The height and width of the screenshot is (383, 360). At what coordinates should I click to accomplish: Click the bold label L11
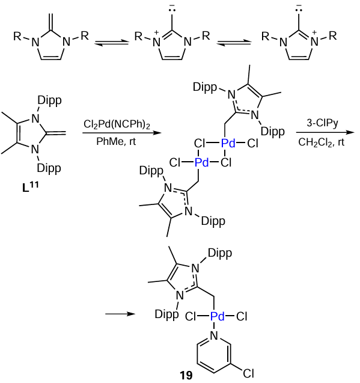click(30, 186)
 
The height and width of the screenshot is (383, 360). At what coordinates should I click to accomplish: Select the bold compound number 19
click(186, 375)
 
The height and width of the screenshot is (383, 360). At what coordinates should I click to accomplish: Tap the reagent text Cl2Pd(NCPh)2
click(117, 124)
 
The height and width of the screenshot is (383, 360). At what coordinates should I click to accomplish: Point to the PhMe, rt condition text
click(116, 141)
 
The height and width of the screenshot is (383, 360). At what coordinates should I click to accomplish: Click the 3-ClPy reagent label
click(322, 123)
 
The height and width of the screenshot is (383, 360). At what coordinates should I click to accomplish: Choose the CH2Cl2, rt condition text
click(321, 142)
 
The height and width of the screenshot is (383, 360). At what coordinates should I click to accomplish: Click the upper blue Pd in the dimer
click(228, 143)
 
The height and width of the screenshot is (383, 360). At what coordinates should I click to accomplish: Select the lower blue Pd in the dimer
click(202, 162)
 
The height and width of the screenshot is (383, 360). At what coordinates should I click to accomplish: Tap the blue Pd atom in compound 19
click(218, 316)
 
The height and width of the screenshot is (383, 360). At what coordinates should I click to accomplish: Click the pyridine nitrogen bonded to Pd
click(214, 336)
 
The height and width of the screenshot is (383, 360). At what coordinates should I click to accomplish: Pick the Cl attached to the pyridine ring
click(249, 373)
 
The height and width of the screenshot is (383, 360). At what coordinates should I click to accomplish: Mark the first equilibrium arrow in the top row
click(112, 43)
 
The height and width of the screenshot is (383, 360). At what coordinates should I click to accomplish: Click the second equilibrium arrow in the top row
click(234, 43)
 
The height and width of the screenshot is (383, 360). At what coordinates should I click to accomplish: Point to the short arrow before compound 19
click(120, 314)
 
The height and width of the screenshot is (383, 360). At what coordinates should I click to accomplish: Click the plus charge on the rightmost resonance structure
click(314, 32)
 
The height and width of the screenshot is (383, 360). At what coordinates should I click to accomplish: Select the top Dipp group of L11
click(49, 101)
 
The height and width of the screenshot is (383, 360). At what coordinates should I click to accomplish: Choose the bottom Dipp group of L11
click(49, 168)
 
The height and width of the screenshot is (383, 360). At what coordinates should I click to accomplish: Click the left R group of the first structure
click(17, 36)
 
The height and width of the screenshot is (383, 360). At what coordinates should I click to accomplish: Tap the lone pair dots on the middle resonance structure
click(172, 10)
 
